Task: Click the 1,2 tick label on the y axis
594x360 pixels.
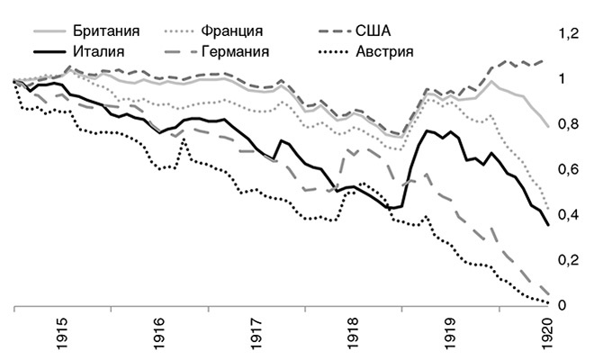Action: click(567, 33)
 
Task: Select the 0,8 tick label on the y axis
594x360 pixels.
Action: click(567, 124)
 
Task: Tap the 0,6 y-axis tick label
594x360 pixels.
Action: click(567, 170)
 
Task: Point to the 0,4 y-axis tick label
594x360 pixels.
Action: click(567, 215)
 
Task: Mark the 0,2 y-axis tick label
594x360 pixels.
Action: click(567, 261)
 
